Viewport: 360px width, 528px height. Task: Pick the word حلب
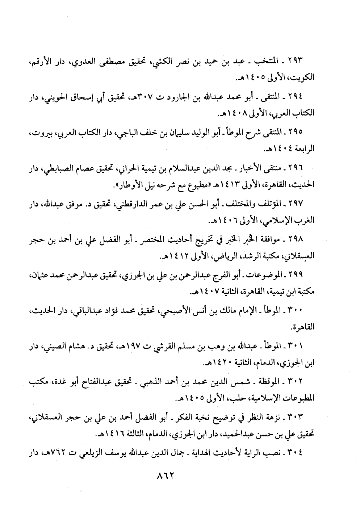[x=212, y=399]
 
